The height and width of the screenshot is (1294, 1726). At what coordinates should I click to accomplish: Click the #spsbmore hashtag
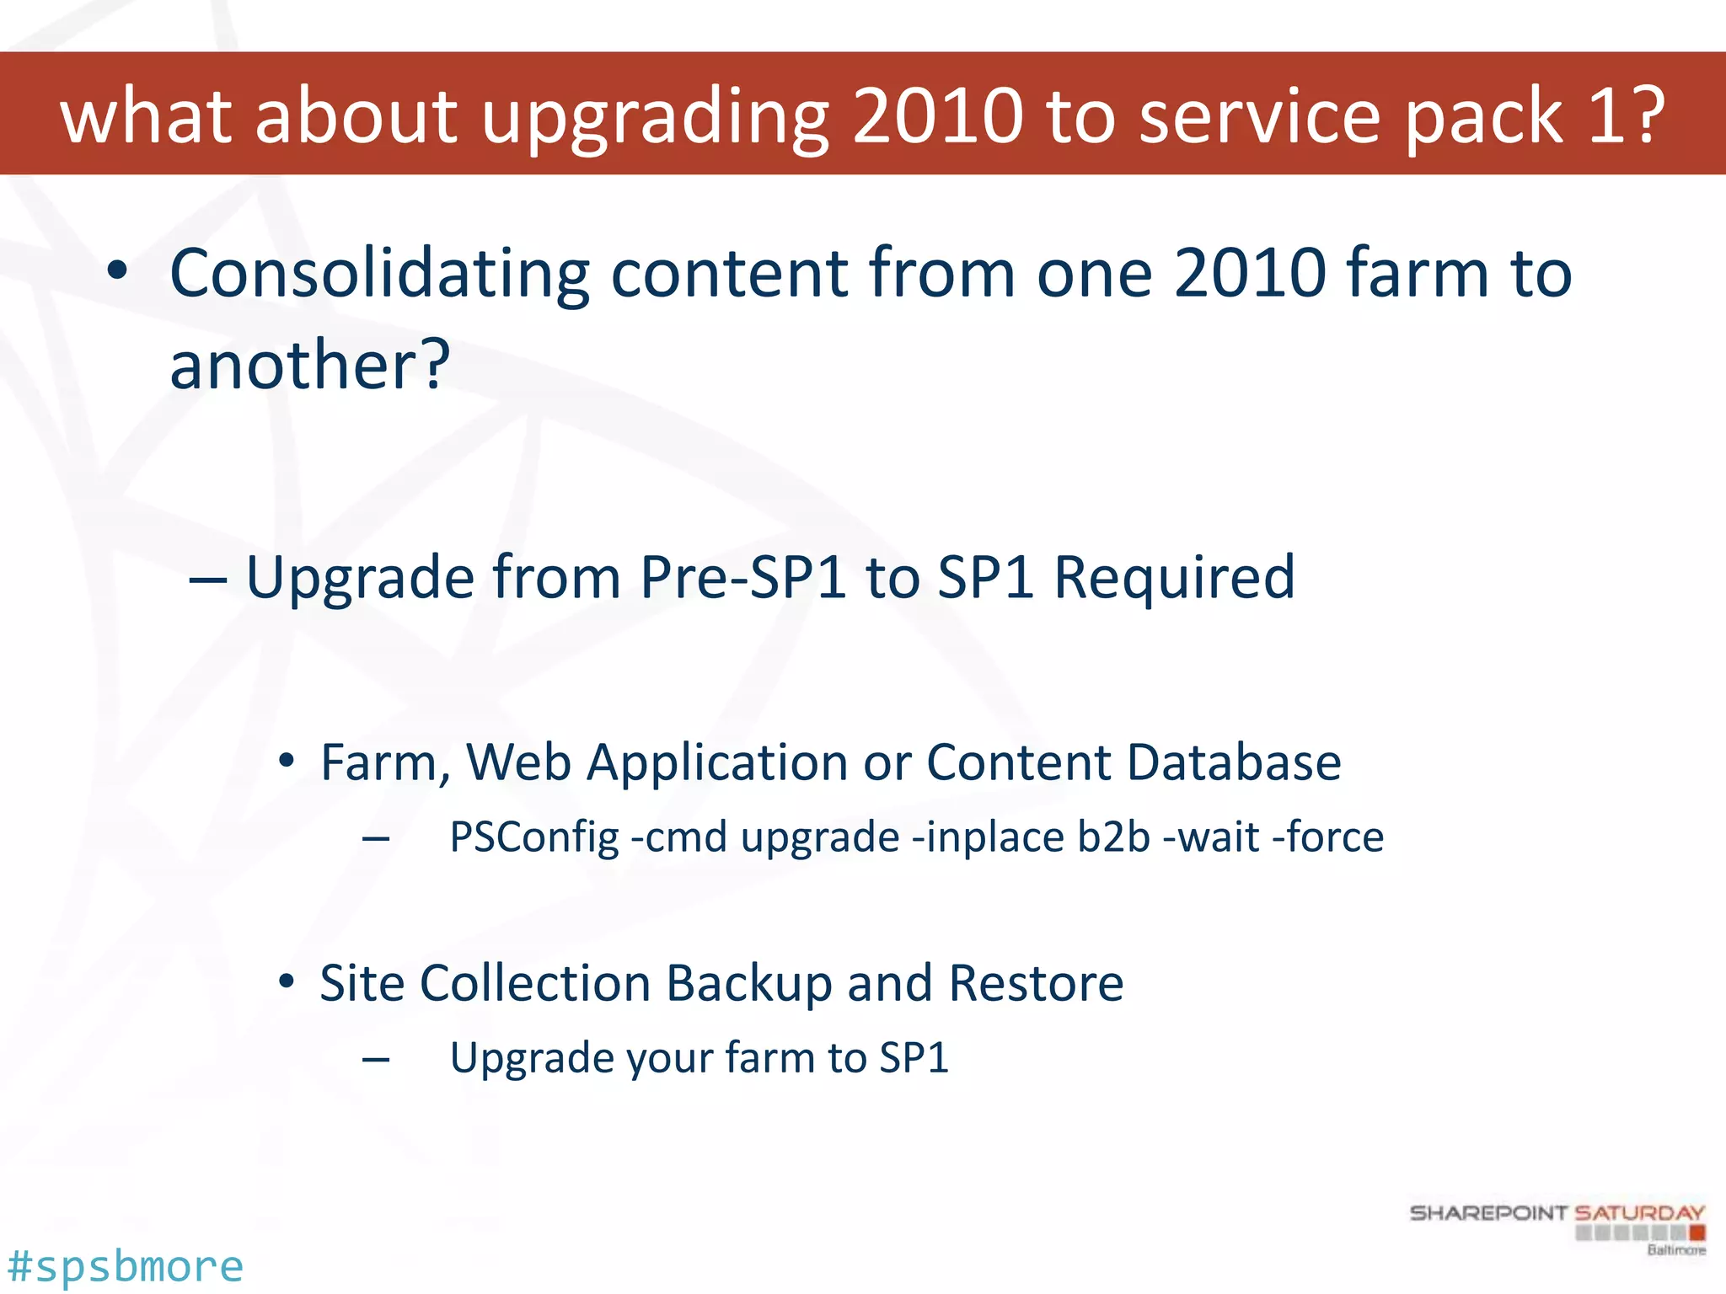click(125, 1266)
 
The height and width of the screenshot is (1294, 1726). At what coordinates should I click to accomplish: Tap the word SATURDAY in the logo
click(1639, 1213)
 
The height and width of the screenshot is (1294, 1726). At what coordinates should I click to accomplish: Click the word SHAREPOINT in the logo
click(1488, 1213)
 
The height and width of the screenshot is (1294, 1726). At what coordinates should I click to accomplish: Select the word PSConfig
click(534, 838)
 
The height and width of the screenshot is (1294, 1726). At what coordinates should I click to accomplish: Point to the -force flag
click(1327, 837)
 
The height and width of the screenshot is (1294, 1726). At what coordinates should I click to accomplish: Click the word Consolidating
click(379, 274)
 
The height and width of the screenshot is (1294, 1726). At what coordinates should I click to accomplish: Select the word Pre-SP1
click(742, 578)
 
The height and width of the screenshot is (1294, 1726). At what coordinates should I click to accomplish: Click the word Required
click(1174, 578)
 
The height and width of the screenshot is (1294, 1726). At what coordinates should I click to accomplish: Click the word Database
click(1234, 762)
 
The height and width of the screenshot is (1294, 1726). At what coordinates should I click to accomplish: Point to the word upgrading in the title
click(656, 118)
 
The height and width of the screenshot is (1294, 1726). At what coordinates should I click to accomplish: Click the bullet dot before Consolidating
click(117, 271)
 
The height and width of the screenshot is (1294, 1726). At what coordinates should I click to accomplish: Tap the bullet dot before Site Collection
click(287, 981)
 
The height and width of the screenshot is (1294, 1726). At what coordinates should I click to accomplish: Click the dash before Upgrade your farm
click(376, 1059)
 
